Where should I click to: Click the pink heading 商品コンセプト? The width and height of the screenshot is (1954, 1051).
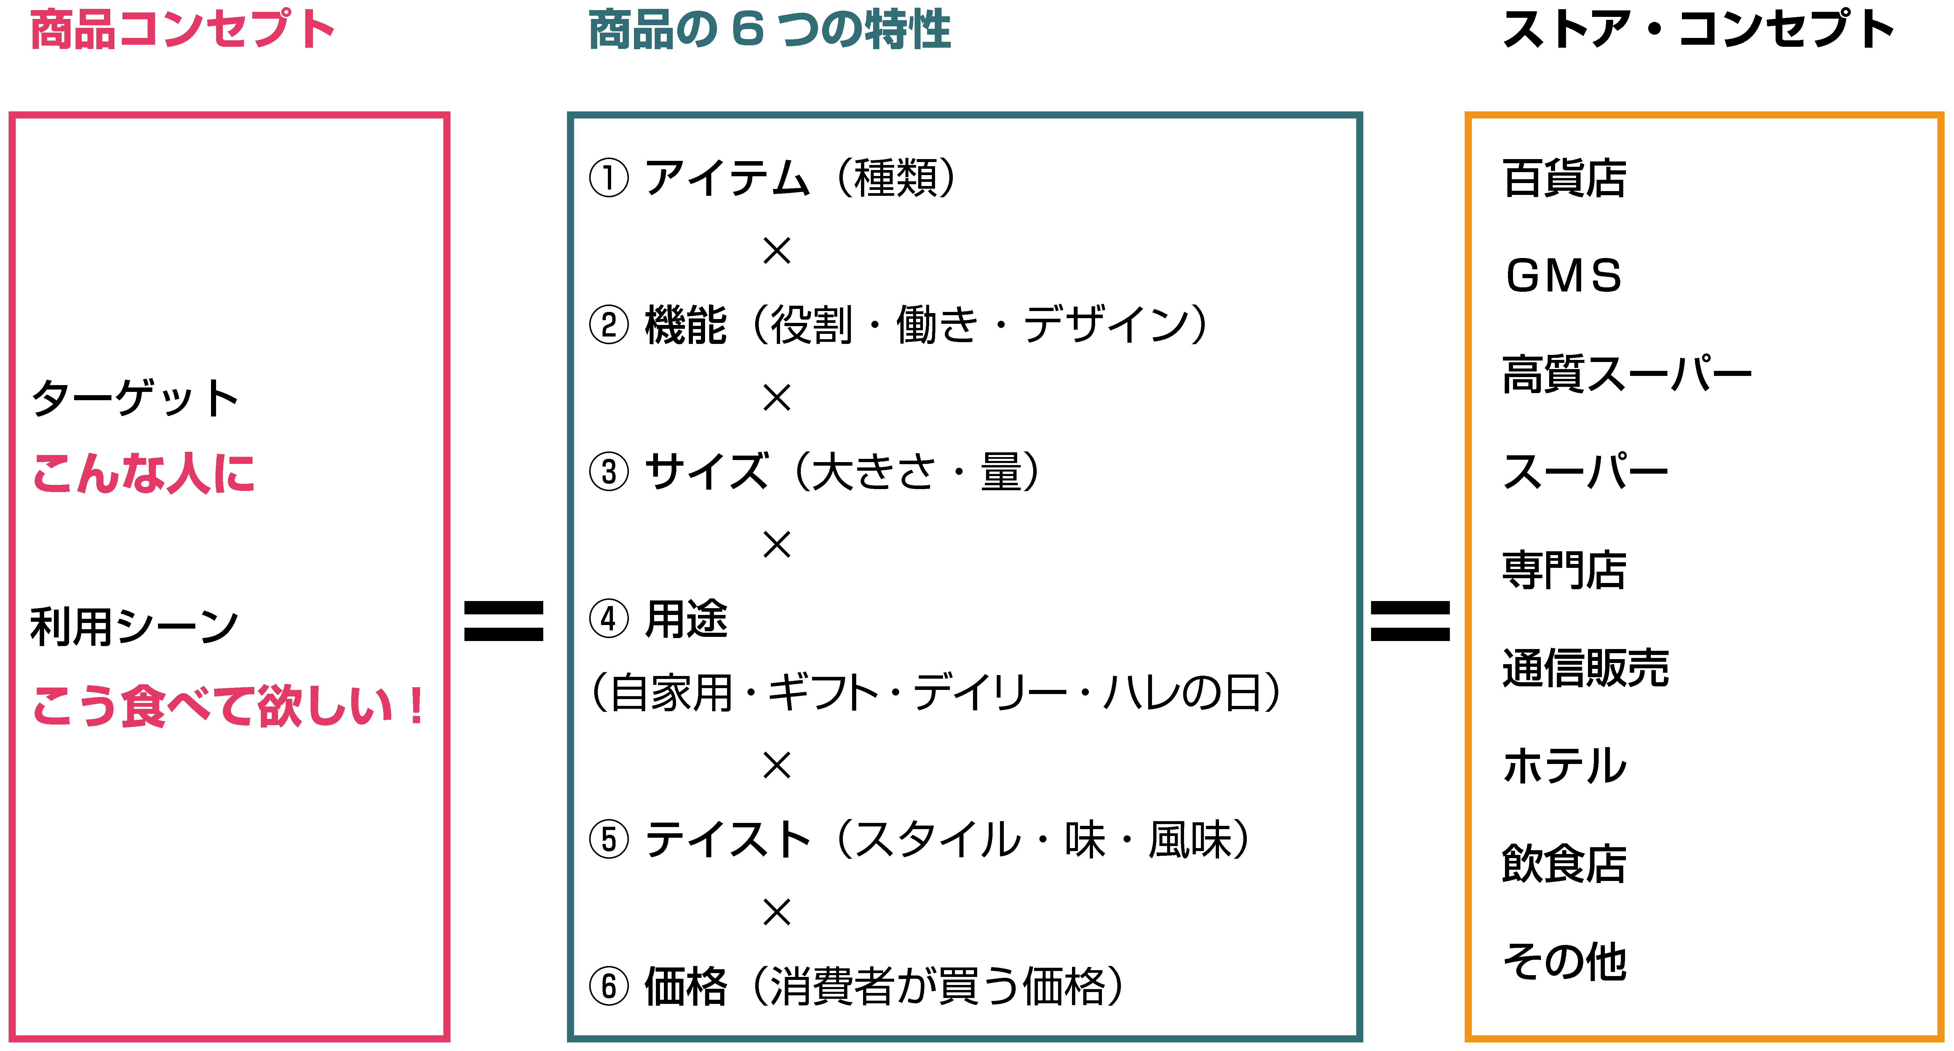[182, 30]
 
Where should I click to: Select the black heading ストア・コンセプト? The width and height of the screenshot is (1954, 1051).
[1698, 30]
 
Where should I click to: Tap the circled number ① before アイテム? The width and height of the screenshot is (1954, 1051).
[609, 178]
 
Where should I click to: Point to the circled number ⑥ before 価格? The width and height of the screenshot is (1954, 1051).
[609, 986]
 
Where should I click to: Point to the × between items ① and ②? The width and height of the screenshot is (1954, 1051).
[777, 251]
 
